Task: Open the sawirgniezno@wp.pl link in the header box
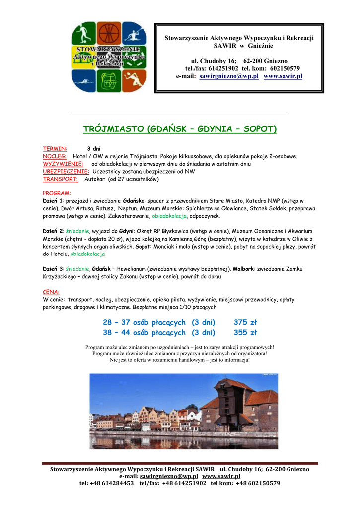[x=229, y=76]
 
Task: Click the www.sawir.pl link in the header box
[x=283, y=76]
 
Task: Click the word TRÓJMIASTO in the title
[x=113, y=129]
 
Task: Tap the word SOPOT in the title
[x=260, y=129]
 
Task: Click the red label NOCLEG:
[x=55, y=156]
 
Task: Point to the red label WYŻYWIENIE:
[x=63, y=164]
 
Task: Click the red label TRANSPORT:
[x=60, y=179]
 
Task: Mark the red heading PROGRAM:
[x=57, y=193]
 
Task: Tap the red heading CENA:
[x=51, y=292]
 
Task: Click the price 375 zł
[x=245, y=323]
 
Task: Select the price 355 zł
[x=245, y=333]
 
